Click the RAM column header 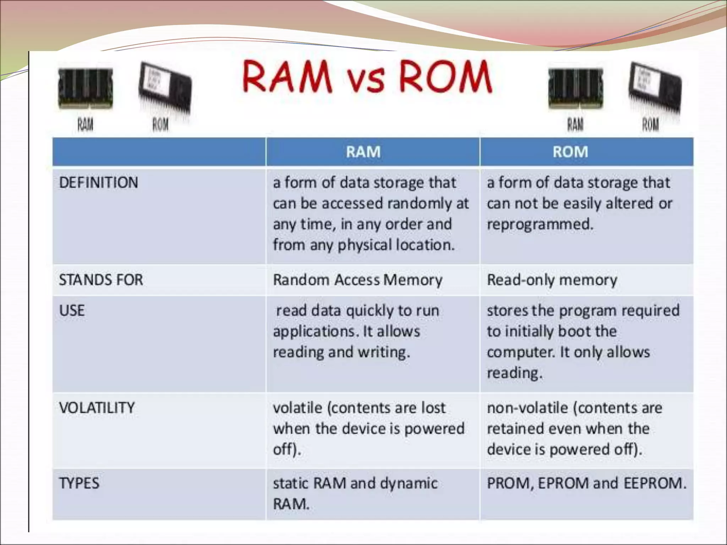pyautogui.click(x=363, y=152)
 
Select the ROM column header pyautogui.click(x=570, y=152)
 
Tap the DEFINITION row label pyautogui.click(x=98, y=183)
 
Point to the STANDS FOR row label pyautogui.click(x=101, y=280)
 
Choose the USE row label pyautogui.click(x=72, y=311)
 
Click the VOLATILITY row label pyautogui.click(x=97, y=408)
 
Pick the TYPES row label pyautogui.click(x=79, y=483)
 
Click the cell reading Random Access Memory pyautogui.click(x=357, y=280)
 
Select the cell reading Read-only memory pyautogui.click(x=552, y=280)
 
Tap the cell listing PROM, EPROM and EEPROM pyautogui.click(x=586, y=483)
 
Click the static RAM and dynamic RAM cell pyautogui.click(x=355, y=493)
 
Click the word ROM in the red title pyautogui.click(x=446, y=77)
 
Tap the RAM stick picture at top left pyautogui.click(x=85, y=89)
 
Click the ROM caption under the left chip pyautogui.click(x=160, y=125)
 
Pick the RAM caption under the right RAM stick pyautogui.click(x=575, y=125)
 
